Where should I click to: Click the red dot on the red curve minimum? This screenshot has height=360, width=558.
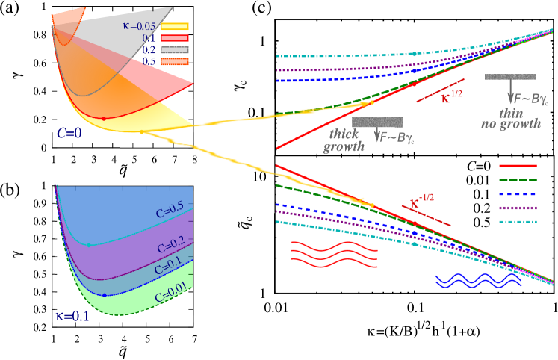click(x=104, y=119)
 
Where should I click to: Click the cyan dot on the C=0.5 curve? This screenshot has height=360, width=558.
click(x=89, y=244)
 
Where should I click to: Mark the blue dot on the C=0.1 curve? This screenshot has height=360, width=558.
click(x=104, y=295)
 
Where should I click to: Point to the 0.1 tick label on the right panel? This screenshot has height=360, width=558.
click(x=258, y=113)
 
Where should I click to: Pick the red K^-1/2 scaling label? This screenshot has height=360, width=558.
click(x=424, y=202)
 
